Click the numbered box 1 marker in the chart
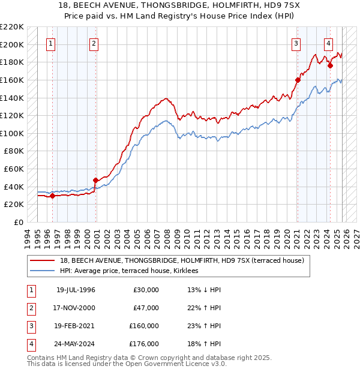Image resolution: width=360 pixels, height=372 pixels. [x=51, y=43]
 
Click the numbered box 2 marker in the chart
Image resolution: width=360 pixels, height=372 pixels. [x=94, y=43]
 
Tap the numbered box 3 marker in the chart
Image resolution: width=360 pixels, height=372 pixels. [x=296, y=43]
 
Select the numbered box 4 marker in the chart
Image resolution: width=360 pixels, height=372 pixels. [x=329, y=43]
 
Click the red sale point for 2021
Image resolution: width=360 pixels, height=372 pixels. [x=298, y=79]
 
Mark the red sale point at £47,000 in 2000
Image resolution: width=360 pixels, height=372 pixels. [x=95, y=180]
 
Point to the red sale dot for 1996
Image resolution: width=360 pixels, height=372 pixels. [x=52, y=195]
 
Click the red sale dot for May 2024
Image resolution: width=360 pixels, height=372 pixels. [x=330, y=65]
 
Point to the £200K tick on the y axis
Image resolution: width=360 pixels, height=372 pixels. [x=12, y=44]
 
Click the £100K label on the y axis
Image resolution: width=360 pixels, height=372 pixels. [x=12, y=133]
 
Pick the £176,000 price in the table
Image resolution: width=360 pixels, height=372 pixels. [x=144, y=344]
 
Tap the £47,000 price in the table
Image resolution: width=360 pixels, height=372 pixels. [x=146, y=308]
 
